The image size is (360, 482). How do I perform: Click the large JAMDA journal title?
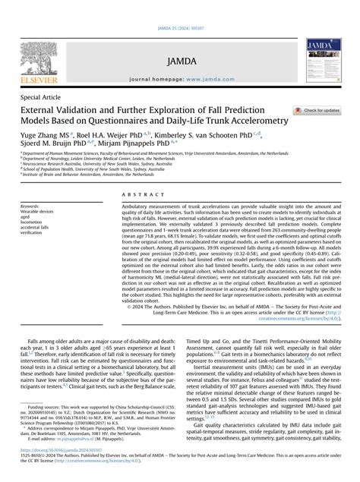point(179,57)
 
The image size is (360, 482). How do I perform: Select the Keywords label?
point(31,206)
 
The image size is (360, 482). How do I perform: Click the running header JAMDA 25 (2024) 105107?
point(179,7)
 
